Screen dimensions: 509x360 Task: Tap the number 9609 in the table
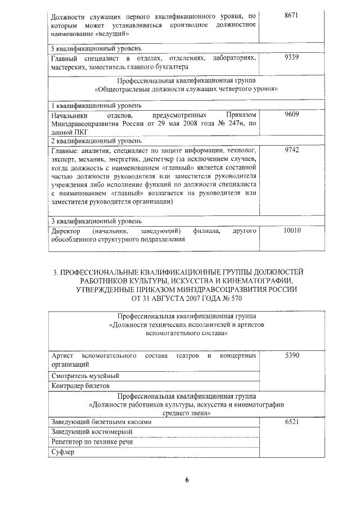[x=291, y=114]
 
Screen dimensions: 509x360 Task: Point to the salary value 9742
[x=291, y=151]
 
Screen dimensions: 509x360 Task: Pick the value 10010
[x=292, y=231]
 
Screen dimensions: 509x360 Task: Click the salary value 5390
[x=291, y=356]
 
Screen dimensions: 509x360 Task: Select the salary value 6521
[x=291, y=422]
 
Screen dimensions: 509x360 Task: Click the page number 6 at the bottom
[x=188, y=480]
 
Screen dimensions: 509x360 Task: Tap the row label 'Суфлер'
[x=63, y=452]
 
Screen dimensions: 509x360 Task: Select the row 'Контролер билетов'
[x=80, y=386]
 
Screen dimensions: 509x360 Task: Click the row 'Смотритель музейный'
[x=85, y=376]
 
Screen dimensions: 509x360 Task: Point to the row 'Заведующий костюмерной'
[x=92, y=432]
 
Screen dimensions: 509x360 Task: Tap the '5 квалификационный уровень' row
[x=92, y=48]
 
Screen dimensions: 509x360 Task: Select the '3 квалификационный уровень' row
[x=92, y=221]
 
